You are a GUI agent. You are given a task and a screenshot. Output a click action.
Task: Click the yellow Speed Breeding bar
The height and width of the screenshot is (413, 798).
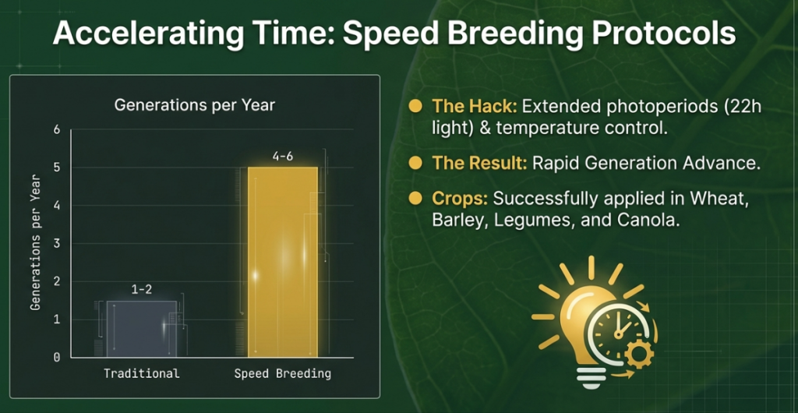(x=282, y=262)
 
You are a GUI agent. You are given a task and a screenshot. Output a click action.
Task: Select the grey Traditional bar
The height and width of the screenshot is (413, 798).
(x=142, y=329)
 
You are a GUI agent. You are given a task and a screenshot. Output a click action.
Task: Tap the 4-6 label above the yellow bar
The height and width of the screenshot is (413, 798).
(x=282, y=157)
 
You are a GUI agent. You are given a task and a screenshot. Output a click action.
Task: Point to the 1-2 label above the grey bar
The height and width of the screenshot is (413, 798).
(x=142, y=290)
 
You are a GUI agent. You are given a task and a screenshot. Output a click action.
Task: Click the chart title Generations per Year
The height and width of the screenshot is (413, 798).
(x=194, y=105)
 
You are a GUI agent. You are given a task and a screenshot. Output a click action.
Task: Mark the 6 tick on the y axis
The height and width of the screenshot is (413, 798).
(x=56, y=129)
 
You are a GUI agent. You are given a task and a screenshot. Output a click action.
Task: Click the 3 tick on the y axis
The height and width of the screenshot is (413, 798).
(x=56, y=244)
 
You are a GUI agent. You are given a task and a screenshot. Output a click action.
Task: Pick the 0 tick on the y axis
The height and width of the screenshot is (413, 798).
(x=56, y=358)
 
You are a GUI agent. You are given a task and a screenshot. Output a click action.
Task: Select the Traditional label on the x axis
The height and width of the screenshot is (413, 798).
(x=142, y=374)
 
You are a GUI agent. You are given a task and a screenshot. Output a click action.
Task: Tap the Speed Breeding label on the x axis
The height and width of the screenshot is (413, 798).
(x=282, y=374)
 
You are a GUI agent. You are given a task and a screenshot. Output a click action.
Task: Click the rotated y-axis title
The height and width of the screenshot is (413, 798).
(x=36, y=244)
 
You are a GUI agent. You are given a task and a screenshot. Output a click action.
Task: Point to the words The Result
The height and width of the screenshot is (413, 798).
(x=479, y=164)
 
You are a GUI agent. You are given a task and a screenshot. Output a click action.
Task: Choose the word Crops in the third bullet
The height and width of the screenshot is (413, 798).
(x=460, y=199)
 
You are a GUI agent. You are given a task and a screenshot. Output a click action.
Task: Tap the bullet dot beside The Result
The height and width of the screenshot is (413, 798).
(x=416, y=163)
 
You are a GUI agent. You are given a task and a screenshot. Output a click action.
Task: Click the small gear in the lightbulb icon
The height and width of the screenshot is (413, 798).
(x=639, y=354)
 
